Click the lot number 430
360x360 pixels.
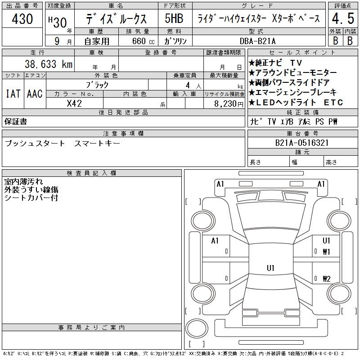(x=22, y=19)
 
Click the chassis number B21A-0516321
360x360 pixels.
(x=302, y=143)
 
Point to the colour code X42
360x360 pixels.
(x=74, y=103)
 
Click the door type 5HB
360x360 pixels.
(x=173, y=19)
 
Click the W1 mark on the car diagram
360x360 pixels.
(x=326, y=252)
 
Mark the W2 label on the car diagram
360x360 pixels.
(x=326, y=279)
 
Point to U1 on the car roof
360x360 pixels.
(x=270, y=268)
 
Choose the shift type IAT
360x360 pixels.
(x=13, y=94)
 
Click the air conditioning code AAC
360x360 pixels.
(x=35, y=94)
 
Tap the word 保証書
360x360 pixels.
(x=16, y=121)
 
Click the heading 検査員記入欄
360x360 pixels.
(x=92, y=173)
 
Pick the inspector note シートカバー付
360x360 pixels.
(x=31, y=198)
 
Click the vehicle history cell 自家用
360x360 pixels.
(x=97, y=41)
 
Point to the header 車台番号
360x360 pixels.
(x=302, y=134)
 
